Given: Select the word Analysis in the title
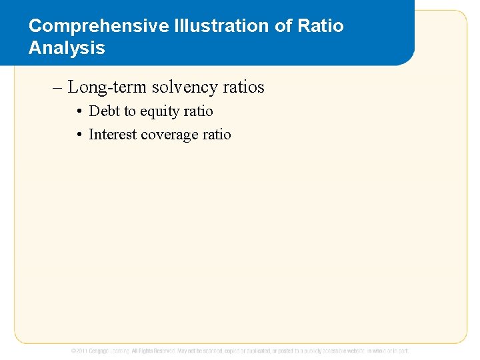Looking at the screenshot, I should pos(67,48).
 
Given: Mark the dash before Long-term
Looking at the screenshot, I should pos(58,87).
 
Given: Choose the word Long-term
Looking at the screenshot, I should pos(107,87).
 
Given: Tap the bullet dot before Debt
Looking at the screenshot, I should pos(79,111).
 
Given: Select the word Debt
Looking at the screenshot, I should pos(104,111).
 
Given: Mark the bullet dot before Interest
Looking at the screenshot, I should pos(79,135).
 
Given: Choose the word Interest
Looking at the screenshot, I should pos(113,135).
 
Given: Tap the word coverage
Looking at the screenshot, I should pos(170,135).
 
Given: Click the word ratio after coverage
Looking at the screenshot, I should pos(217,135).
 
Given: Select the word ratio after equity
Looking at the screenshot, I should pos(199,111).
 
